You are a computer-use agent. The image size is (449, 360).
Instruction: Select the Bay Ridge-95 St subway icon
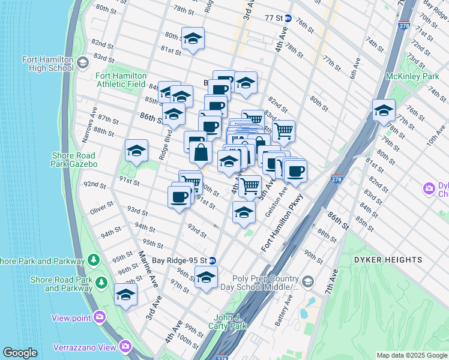click(212, 261)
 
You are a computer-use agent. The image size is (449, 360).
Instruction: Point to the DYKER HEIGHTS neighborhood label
click(396, 260)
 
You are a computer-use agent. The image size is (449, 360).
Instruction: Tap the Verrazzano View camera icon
click(125, 346)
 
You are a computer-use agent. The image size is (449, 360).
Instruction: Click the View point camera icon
click(99, 317)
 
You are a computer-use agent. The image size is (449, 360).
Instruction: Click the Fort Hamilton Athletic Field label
click(121, 80)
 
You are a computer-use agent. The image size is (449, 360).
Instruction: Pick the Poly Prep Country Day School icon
click(307, 281)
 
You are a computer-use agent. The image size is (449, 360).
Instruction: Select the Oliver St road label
click(101, 208)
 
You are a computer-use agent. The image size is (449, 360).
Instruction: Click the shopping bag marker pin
click(200, 154)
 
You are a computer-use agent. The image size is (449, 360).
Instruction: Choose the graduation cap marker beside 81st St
click(193, 39)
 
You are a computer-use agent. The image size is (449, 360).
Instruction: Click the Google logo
click(20, 353)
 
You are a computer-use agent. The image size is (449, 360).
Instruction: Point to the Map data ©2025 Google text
click(412, 355)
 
